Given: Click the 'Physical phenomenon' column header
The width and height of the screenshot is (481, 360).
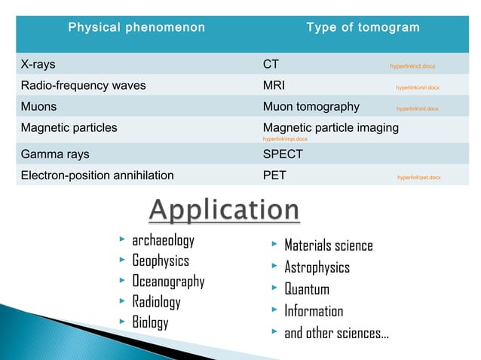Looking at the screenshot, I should point(136,28).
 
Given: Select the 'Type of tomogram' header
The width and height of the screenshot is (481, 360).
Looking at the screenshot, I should point(363,28).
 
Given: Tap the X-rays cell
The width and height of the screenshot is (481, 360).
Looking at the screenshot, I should point(38,65).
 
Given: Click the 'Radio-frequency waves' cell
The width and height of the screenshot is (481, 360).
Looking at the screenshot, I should point(83,85).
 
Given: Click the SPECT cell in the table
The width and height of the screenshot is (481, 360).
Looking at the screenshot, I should point(283,154).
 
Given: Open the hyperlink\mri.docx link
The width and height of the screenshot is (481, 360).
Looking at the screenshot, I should point(418,87).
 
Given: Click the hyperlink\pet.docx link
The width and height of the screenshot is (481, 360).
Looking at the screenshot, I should point(419,178).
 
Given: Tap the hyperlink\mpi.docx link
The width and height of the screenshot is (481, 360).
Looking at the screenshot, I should point(284,139).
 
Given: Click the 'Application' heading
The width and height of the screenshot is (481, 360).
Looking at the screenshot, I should point(223,211).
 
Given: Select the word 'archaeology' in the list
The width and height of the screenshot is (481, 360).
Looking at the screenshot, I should point(163,241).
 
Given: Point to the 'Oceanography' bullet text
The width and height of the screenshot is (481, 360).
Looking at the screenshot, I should point(168,282).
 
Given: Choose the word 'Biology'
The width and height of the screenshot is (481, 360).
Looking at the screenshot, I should point(150,322).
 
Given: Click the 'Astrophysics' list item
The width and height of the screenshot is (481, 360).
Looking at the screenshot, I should point(317,267).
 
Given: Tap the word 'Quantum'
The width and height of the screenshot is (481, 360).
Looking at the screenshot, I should point(306,289).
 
